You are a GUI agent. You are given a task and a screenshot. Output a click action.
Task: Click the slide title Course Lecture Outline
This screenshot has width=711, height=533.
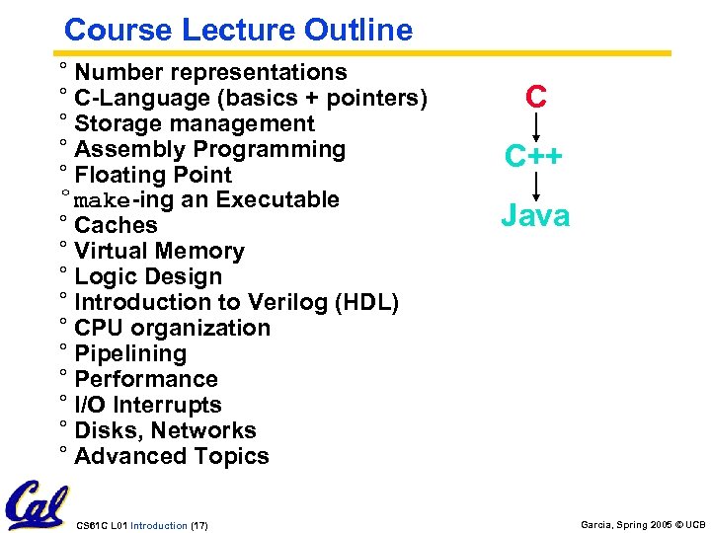(237, 30)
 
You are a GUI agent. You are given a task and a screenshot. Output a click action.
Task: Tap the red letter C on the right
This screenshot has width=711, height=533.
(536, 97)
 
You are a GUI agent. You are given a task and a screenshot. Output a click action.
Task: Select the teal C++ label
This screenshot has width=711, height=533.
(533, 156)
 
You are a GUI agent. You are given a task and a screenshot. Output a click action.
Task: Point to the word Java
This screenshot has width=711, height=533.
(534, 215)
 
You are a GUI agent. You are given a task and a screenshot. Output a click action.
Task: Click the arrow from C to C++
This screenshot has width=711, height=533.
(536, 126)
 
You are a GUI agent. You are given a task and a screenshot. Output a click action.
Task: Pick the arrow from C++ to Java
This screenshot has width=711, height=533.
(536, 186)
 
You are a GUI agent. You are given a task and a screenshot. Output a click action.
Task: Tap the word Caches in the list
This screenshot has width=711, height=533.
(116, 226)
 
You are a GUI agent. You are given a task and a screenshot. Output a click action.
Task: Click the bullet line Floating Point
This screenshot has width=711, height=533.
(152, 175)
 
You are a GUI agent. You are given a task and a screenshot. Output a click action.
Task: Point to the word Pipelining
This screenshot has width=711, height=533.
(130, 353)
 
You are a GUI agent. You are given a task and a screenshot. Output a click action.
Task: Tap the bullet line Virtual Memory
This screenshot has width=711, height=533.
(159, 252)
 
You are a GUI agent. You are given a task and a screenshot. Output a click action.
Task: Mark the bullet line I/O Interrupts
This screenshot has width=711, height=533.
(148, 405)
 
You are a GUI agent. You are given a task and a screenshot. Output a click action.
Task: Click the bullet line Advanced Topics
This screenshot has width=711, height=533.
(171, 456)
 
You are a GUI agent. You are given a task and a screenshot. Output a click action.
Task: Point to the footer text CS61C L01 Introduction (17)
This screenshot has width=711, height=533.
(141, 523)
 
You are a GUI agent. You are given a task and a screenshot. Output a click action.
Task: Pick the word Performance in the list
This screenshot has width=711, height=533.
(146, 379)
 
